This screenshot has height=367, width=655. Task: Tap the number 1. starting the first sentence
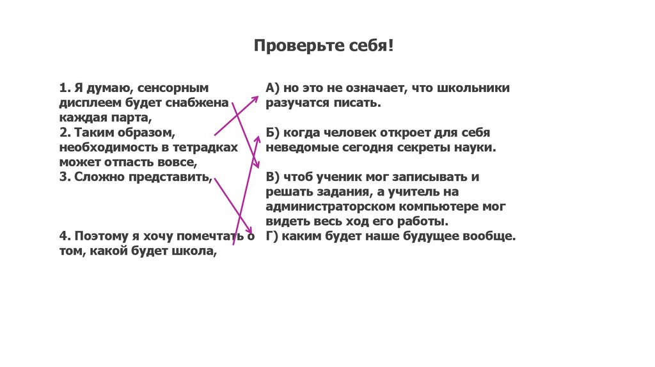point(64,88)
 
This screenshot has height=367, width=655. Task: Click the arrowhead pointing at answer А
point(255,98)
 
